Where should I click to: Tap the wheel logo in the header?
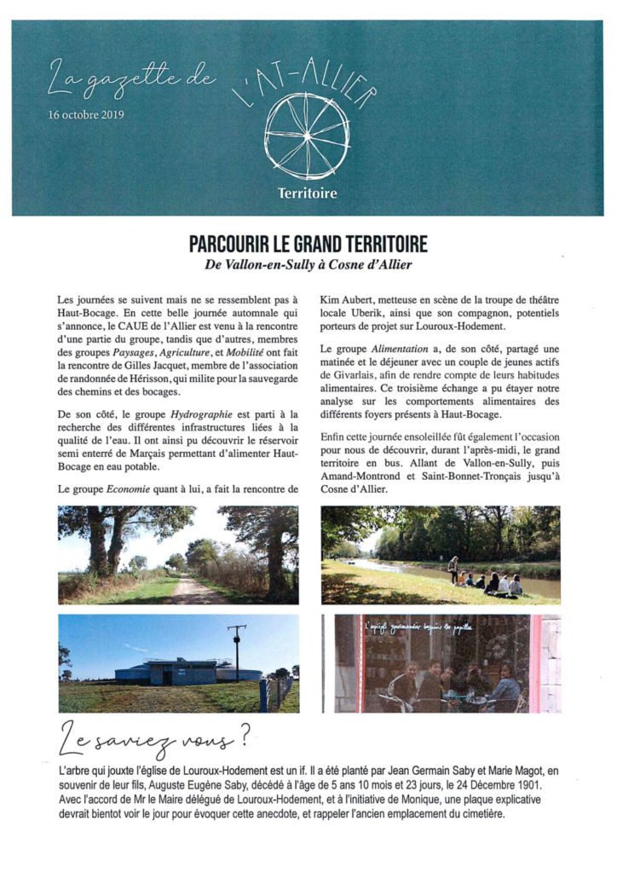[307, 135]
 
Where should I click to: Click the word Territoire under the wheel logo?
[307, 194]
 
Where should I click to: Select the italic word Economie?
[130, 490]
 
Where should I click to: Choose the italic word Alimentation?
[398, 350]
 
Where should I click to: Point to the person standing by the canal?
[453, 567]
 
